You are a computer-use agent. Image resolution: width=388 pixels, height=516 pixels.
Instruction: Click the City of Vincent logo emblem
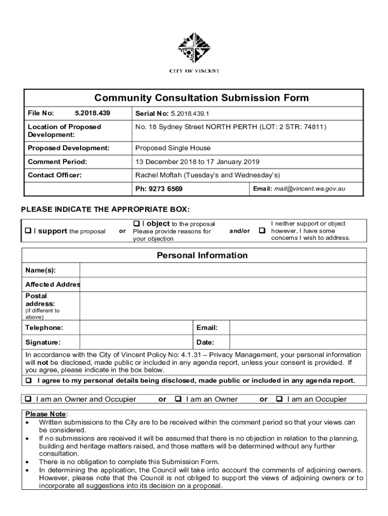tap(193, 48)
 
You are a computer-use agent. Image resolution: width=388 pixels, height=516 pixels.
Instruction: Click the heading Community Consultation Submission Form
tap(194, 98)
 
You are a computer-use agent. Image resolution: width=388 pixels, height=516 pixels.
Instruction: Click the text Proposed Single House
tap(173, 148)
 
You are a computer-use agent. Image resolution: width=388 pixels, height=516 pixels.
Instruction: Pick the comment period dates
tap(197, 162)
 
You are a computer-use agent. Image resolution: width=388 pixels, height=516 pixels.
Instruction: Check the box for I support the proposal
tap(29, 231)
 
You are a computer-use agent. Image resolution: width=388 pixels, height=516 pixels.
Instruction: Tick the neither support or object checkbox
tap(262, 231)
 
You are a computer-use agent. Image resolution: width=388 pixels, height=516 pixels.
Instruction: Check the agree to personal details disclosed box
tap(29, 380)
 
